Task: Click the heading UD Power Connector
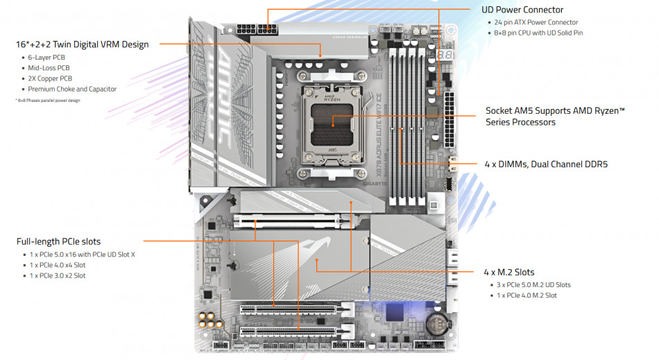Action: pos(522,10)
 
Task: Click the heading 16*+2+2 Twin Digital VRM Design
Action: pos(82,44)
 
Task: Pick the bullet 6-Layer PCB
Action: pos(47,57)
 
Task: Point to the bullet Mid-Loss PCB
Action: pos(49,68)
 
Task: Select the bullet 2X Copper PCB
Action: pos(50,78)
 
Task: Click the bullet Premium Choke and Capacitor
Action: pos(72,89)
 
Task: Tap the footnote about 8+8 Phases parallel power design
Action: pos(48,101)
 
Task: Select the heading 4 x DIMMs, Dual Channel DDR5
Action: pos(551,164)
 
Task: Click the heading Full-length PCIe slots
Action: pos(58,241)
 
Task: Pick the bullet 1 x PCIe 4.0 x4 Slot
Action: pos(57,265)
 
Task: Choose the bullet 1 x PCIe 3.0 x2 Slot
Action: pos(57,275)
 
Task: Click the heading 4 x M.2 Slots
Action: pos(508,272)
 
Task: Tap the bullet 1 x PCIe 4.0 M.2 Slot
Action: pos(527,295)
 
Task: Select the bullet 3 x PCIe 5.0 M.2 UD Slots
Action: pos(533,284)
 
